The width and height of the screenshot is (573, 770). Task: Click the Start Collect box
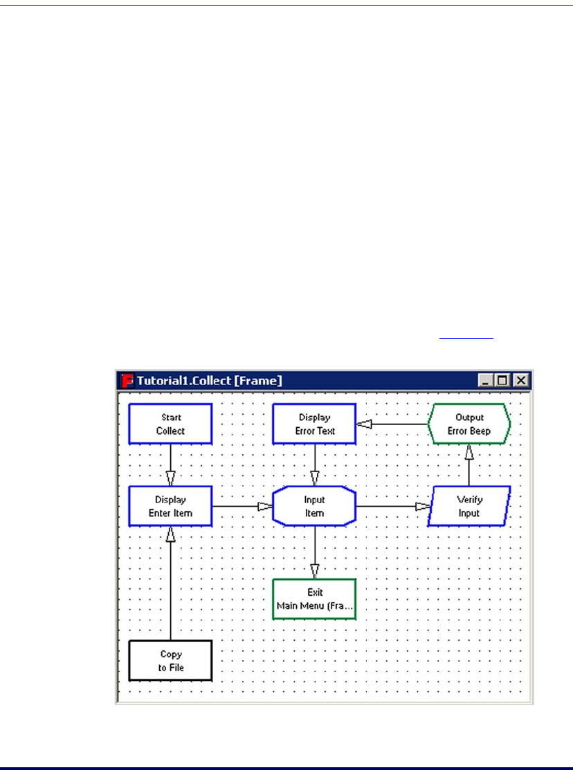click(x=170, y=424)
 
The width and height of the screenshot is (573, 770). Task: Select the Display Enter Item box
click(x=170, y=506)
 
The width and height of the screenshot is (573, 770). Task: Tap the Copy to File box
click(x=170, y=661)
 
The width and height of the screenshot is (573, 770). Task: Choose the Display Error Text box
click(x=315, y=424)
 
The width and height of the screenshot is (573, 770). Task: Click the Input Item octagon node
click(x=315, y=506)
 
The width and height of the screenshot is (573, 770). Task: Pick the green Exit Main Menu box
click(x=315, y=599)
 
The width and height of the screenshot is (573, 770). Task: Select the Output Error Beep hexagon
click(x=469, y=424)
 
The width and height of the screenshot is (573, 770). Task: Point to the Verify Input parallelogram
click(x=469, y=506)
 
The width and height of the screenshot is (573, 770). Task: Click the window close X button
click(x=520, y=379)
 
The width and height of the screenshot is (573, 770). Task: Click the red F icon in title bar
click(x=127, y=379)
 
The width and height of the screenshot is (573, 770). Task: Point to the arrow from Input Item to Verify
click(x=392, y=506)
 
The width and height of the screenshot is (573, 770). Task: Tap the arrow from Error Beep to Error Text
click(x=392, y=424)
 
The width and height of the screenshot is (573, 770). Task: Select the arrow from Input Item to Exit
click(x=315, y=552)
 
